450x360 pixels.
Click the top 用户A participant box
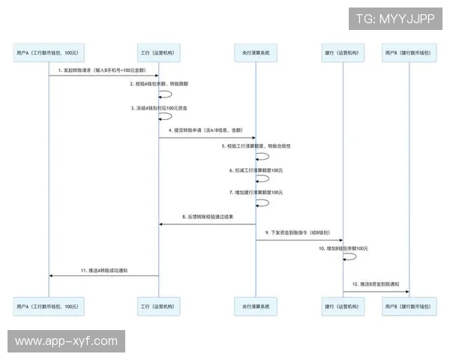pos(48,53)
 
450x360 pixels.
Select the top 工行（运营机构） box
pos(158,53)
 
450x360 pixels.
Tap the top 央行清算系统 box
pos(256,53)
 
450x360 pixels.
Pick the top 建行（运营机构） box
pos(343,53)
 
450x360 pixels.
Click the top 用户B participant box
pos(409,53)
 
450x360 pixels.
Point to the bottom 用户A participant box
pos(48,306)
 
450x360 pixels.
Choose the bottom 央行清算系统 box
pos(256,306)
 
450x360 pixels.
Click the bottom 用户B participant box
pos(409,306)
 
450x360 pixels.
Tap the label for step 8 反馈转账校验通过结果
pos(207,217)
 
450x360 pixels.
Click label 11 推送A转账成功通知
pos(105,269)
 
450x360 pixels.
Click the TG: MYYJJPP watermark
pos(394,17)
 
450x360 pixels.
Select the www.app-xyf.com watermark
pos(66,341)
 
